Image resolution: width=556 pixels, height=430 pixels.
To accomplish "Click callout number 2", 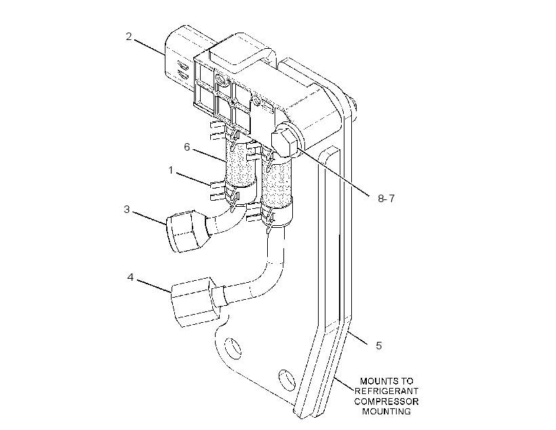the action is point(129,37).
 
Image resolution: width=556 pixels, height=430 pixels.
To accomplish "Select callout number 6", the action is point(187,147).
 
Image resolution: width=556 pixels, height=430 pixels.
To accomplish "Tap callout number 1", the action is point(171,170).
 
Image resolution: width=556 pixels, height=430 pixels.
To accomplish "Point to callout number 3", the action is point(127,210).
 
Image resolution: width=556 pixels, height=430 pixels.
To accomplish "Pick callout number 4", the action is point(130,277).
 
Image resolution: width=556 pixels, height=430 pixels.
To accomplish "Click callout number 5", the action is point(379,346).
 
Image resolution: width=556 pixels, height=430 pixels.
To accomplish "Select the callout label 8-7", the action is point(386,198).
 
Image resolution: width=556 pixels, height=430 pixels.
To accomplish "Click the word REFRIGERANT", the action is point(386,391).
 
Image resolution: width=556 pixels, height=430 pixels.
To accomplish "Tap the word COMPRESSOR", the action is point(386,402).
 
